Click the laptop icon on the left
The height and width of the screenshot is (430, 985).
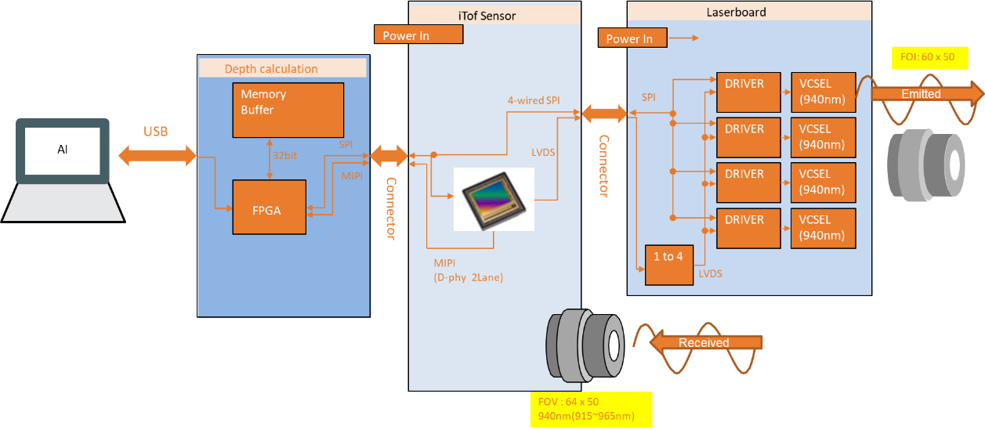[x=63, y=168]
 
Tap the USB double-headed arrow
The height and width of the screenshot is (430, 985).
[x=157, y=156]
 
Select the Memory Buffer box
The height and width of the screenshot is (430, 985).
[x=288, y=109]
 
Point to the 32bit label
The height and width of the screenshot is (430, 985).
[x=284, y=155]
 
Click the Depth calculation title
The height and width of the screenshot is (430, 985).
[x=271, y=69]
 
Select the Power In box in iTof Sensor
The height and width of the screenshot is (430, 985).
[x=418, y=35]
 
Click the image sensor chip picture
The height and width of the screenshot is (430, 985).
[x=494, y=200]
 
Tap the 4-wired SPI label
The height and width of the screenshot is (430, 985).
[x=533, y=100]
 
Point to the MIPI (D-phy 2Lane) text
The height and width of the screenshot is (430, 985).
[x=468, y=270]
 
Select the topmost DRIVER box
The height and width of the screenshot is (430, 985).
[x=749, y=92]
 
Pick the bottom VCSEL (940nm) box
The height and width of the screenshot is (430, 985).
[x=823, y=228]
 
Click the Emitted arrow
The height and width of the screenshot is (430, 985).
[x=925, y=94]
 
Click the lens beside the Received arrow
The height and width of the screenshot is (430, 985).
[x=585, y=344]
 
